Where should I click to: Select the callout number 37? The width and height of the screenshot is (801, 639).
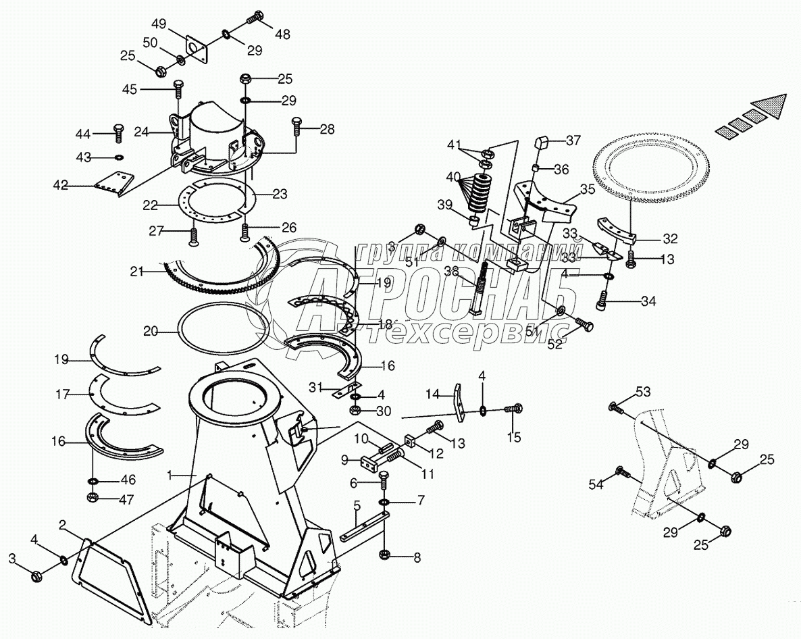(573, 140)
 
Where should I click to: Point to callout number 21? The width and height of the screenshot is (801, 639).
(137, 272)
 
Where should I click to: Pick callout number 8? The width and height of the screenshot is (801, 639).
(417, 558)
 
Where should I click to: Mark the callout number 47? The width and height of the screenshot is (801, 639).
(128, 500)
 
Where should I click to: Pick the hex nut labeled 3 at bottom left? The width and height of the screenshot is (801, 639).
(37, 576)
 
